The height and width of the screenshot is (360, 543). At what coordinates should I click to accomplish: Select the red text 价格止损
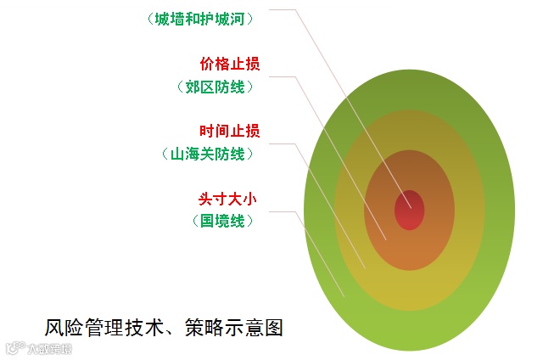[229, 64]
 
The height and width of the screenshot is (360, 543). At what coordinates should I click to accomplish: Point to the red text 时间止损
[229, 131]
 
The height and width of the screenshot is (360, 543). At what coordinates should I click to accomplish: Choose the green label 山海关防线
[207, 154]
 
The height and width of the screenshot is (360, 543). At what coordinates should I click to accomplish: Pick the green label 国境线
[222, 221]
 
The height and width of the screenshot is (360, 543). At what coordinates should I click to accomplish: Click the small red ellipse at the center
[409, 210]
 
